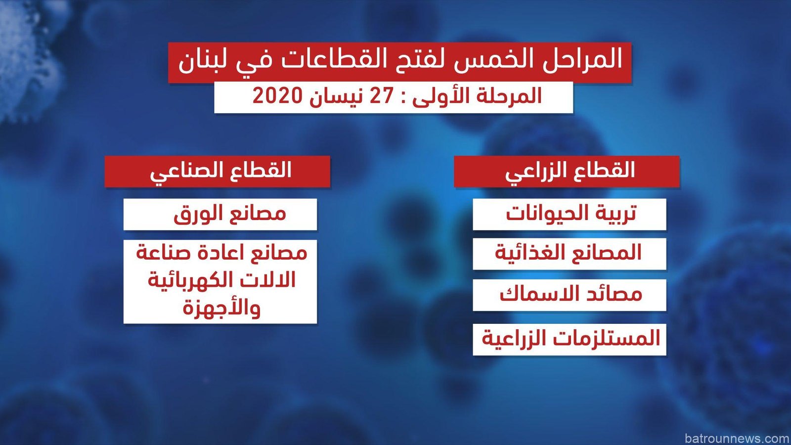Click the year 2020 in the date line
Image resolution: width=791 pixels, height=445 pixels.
[x=278, y=96]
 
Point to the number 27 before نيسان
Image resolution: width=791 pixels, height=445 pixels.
[x=381, y=96]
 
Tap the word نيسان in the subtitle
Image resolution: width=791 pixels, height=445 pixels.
[x=336, y=96]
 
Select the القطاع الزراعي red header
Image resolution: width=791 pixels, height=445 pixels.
[x=567, y=171]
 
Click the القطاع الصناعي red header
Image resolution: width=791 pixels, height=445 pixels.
[x=217, y=171]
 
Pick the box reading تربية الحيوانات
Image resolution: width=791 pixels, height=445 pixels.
[x=570, y=214]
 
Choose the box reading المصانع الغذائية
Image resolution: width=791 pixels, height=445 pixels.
[x=570, y=254]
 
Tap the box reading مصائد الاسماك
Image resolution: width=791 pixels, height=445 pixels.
[x=570, y=295]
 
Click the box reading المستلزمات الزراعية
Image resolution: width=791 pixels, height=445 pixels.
[x=570, y=339]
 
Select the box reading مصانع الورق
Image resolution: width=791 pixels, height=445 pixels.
[x=220, y=214]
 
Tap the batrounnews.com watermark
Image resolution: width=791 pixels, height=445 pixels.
[x=737, y=438]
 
